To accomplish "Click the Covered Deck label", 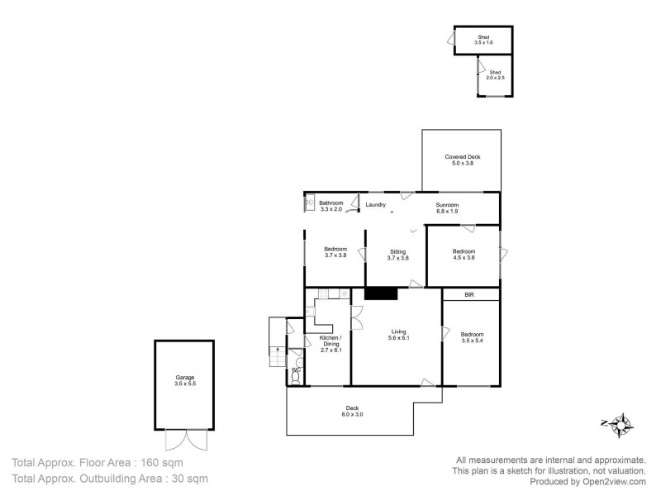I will click(462, 160).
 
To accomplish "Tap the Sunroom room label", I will click(447, 208).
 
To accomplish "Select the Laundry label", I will click(376, 205).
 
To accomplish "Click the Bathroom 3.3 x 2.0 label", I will click(331, 206).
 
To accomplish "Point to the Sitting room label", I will click(398, 255).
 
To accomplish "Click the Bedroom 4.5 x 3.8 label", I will click(464, 255).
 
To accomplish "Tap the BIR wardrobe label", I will click(470, 294).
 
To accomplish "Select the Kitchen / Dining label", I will click(330, 344).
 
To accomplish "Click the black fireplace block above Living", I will click(382, 293).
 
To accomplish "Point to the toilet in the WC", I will click(296, 376).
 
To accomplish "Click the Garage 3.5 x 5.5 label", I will click(185, 381).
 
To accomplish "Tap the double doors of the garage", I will click(183, 441).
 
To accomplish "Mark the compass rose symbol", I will click(618, 424).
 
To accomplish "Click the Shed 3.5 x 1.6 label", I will click(483, 39).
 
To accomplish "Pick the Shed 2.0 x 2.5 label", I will click(494, 75).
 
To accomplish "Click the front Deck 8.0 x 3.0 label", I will click(353, 411).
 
